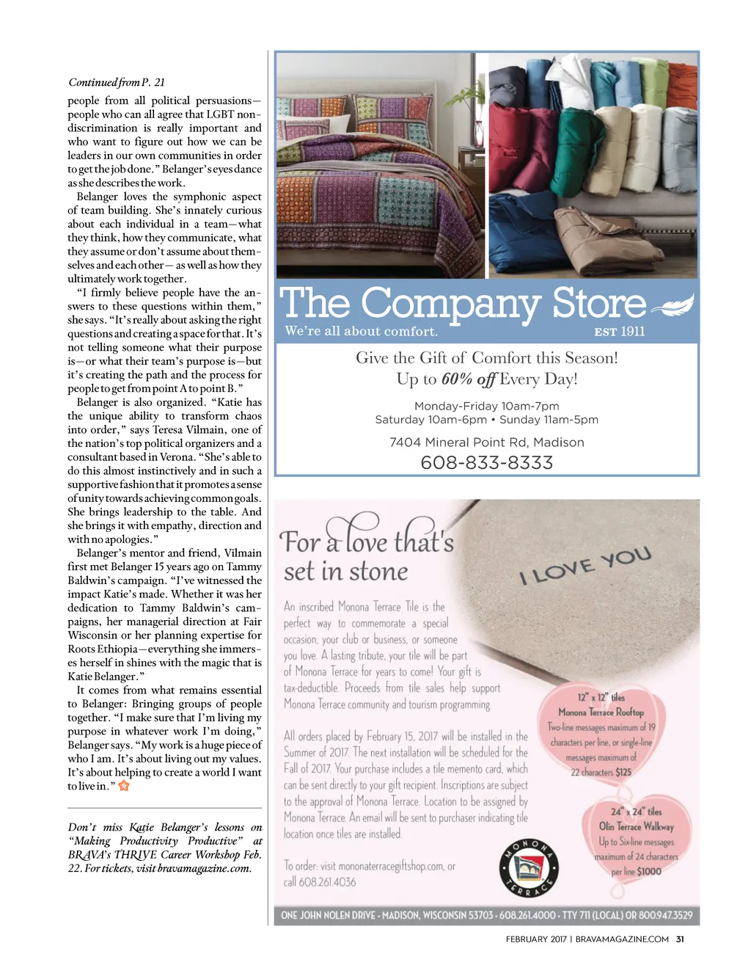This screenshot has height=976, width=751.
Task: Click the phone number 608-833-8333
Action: (486, 463)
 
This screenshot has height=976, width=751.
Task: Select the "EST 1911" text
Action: (620, 332)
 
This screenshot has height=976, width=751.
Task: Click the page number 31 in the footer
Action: (680, 939)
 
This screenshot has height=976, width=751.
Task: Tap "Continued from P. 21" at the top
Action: (116, 82)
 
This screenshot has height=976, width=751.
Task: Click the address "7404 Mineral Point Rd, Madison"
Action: (486, 443)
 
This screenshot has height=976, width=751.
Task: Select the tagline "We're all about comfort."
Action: (361, 332)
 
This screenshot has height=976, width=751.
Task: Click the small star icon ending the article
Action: (124, 786)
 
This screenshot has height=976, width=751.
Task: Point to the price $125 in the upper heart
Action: (623, 773)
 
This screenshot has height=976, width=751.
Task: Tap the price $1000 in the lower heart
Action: (648, 872)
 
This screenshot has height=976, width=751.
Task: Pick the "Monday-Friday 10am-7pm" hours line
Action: (486, 407)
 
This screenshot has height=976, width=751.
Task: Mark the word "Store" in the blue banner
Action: (598, 303)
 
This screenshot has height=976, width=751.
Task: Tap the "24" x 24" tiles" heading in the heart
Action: (636, 812)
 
